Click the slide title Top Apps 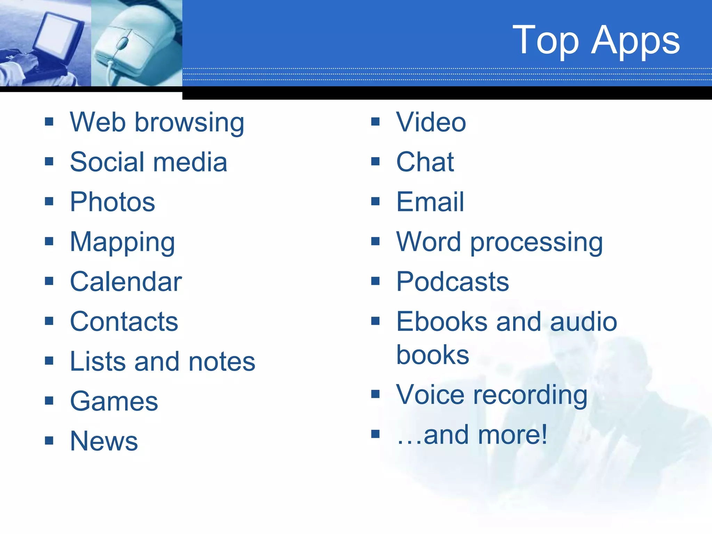click(596, 40)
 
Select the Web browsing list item click(157, 122)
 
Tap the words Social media click(148, 162)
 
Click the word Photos click(112, 202)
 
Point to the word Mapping click(122, 242)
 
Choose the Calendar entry click(126, 282)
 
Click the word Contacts click(124, 322)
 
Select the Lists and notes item click(162, 362)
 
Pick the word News click(104, 441)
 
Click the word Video click(431, 122)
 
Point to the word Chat click(425, 162)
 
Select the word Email click(430, 202)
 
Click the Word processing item click(499, 242)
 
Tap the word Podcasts click(452, 282)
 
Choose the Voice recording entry click(492, 395)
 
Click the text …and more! click(472, 435)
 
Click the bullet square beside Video click(375, 122)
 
